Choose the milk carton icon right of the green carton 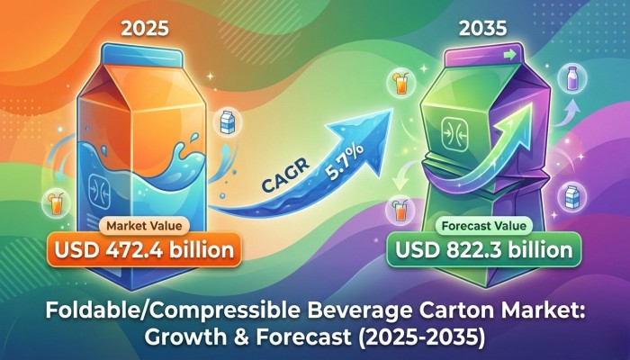[x=569, y=193]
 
